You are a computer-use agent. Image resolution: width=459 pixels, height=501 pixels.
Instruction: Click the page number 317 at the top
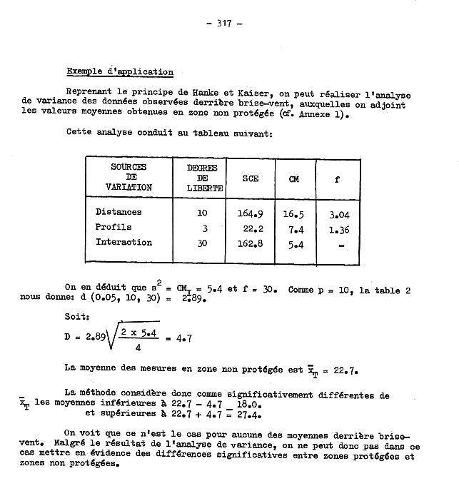click(223, 23)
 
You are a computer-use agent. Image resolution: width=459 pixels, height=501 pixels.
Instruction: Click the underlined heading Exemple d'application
click(119, 72)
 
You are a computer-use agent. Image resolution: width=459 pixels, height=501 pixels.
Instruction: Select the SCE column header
click(250, 179)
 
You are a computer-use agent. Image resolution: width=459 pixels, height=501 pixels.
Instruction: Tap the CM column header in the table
click(293, 179)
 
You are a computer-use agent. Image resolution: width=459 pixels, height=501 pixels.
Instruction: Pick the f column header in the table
click(337, 179)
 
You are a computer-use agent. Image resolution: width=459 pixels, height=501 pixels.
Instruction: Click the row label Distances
click(118, 212)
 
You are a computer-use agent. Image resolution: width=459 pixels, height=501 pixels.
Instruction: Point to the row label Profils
click(114, 227)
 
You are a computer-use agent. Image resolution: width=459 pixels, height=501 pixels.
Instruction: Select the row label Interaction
click(123, 242)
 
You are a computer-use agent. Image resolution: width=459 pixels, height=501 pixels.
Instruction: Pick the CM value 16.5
click(293, 213)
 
